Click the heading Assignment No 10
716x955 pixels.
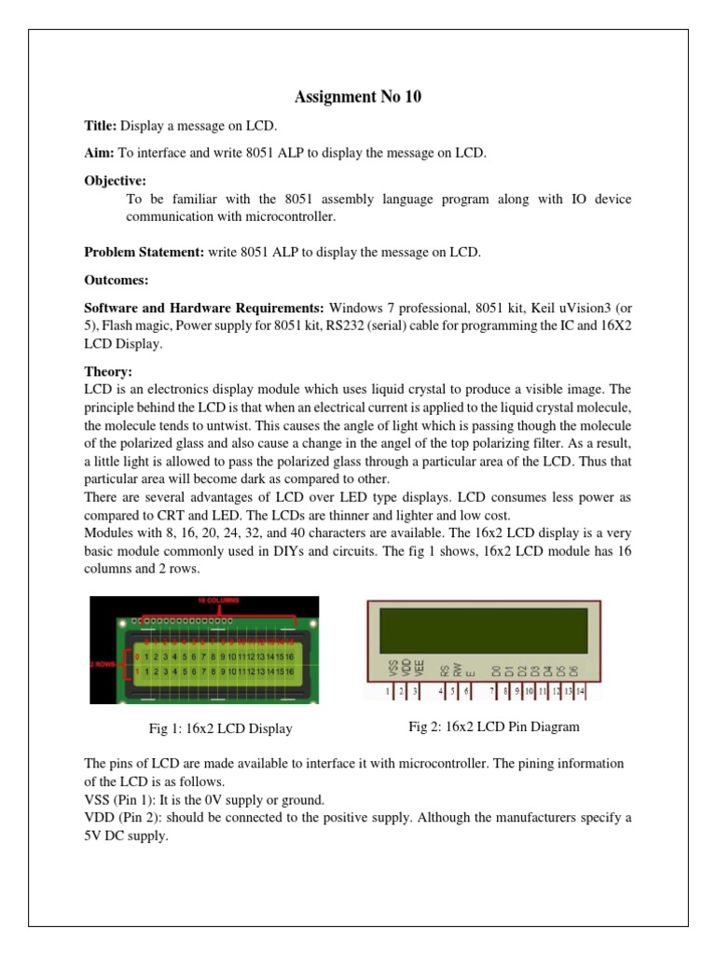[358, 96]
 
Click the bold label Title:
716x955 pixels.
[100, 126]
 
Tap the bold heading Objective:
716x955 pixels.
[116, 180]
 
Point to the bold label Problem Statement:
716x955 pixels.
[144, 252]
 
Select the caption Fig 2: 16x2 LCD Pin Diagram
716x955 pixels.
[495, 727]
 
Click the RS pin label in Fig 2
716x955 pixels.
[446, 668]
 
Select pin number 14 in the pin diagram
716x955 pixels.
[579, 691]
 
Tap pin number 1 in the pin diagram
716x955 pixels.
[389, 691]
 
